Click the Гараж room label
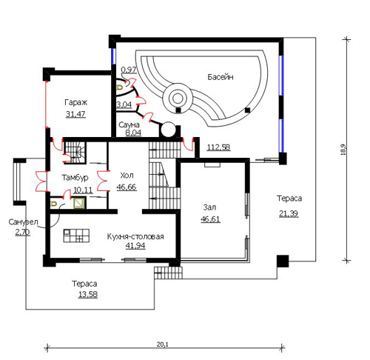tap(75, 102)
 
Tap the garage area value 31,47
tap(75, 114)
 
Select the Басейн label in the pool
tap(221, 77)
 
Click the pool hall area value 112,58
tap(218, 147)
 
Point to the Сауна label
tap(129, 124)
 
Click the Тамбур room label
tap(75, 178)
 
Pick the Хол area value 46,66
tap(127, 187)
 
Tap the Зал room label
tap(209, 207)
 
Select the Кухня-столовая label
tap(135, 236)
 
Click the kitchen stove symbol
tap(76, 236)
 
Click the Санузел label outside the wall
tap(23, 222)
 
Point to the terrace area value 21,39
tap(289, 213)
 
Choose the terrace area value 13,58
tap(88, 294)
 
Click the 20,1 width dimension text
tap(162, 344)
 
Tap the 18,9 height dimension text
tap(344, 150)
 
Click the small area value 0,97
tap(129, 70)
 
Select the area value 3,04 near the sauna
tap(124, 104)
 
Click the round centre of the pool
tap(177, 99)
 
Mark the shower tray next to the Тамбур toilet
tap(80, 203)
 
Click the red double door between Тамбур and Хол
tap(103, 181)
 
